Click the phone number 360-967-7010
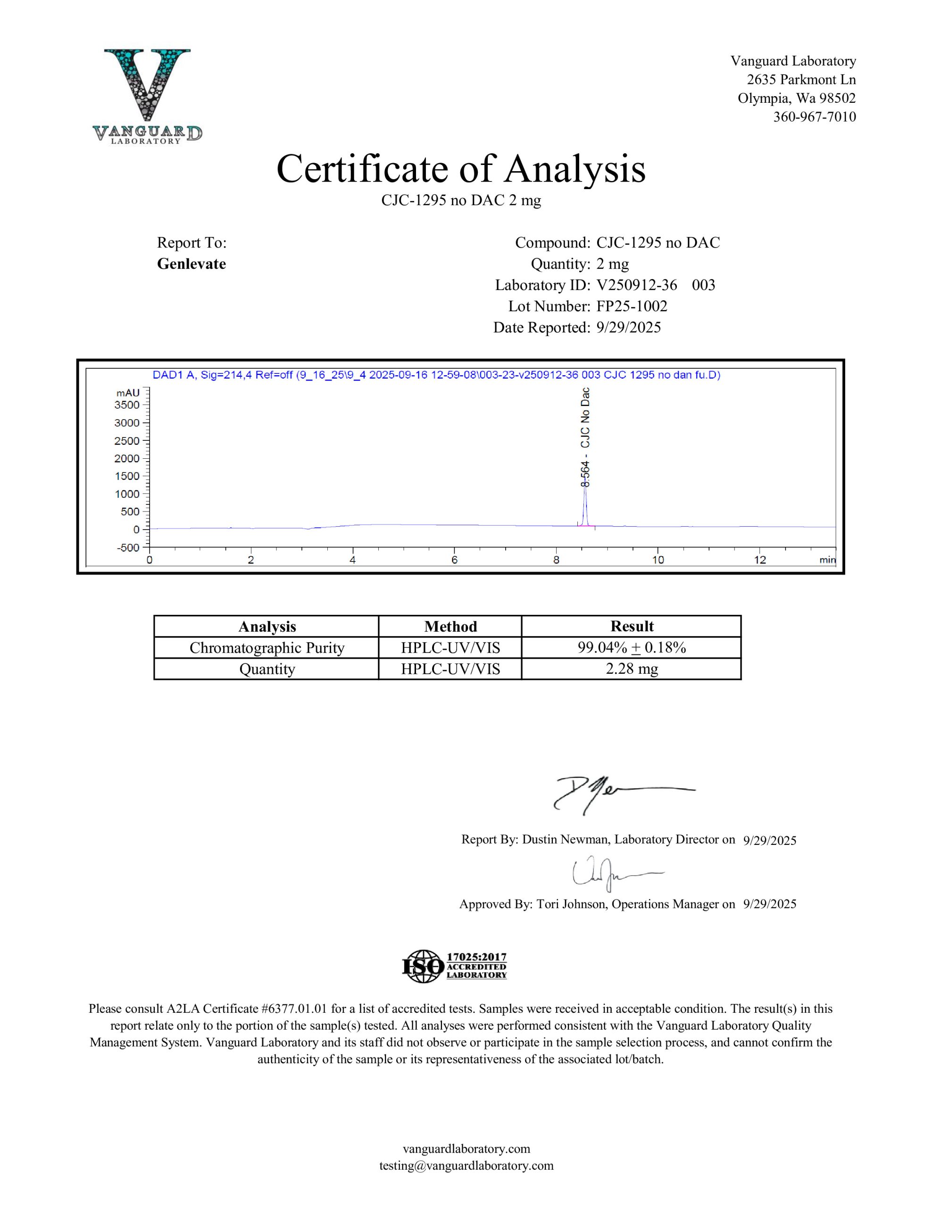tap(814, 117)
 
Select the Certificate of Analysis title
tap(461, 169)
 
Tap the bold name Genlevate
tap(192, 264)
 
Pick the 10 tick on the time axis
tap(658, 560)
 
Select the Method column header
tap(450, 626)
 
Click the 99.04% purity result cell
tap(632, 648)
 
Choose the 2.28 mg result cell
tap(632, 669)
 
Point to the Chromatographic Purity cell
tap(267, 648)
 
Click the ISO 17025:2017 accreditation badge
tap(454, 966)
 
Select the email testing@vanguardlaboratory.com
tap(466, 1166)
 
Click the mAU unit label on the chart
tap(128, 392)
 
